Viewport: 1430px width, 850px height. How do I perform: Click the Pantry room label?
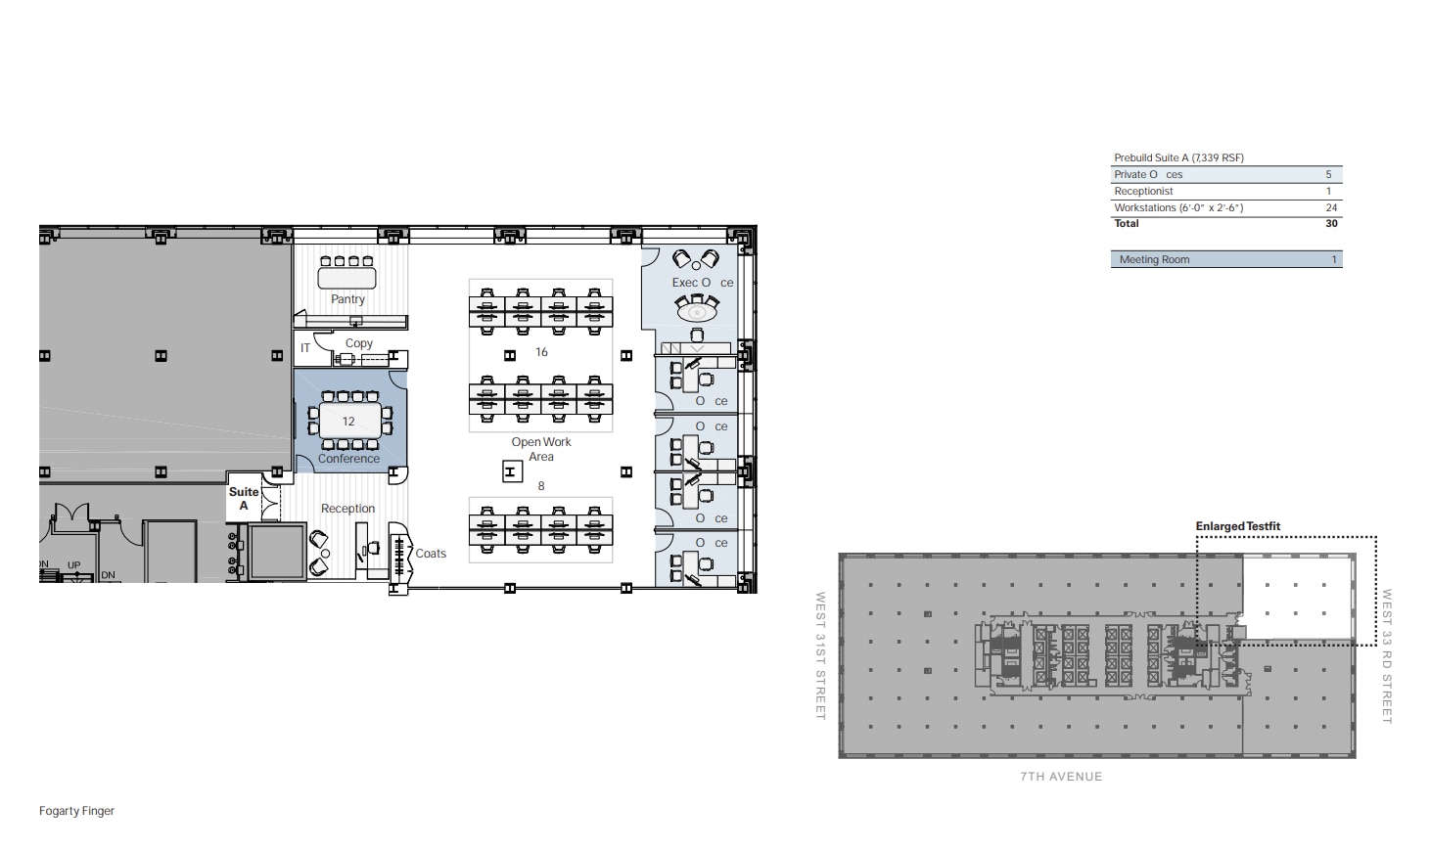347,299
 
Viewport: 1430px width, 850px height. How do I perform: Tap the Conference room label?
348,459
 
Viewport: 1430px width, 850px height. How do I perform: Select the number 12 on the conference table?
348,422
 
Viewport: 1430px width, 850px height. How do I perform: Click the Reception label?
347,509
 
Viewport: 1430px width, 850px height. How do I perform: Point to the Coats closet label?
431,554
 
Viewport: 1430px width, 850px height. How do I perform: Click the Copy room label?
359,343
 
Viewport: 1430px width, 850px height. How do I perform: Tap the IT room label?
305,347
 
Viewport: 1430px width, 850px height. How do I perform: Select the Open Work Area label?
541,449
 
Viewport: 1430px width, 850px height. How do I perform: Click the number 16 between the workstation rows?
541,352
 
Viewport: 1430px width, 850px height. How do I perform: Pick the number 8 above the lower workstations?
541,486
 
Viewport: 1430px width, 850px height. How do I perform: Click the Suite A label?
244,499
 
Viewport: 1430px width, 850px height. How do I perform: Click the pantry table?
346,278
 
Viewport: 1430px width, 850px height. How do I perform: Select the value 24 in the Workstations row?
1331,207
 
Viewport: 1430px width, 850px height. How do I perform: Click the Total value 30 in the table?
1331,223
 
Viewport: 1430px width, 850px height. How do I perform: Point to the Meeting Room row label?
1154,259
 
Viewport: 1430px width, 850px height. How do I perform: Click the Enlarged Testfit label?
1237,526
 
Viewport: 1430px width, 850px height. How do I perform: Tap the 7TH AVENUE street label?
1061,777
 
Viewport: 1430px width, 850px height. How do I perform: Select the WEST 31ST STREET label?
821,655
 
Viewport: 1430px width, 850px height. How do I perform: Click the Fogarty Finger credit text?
76,811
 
